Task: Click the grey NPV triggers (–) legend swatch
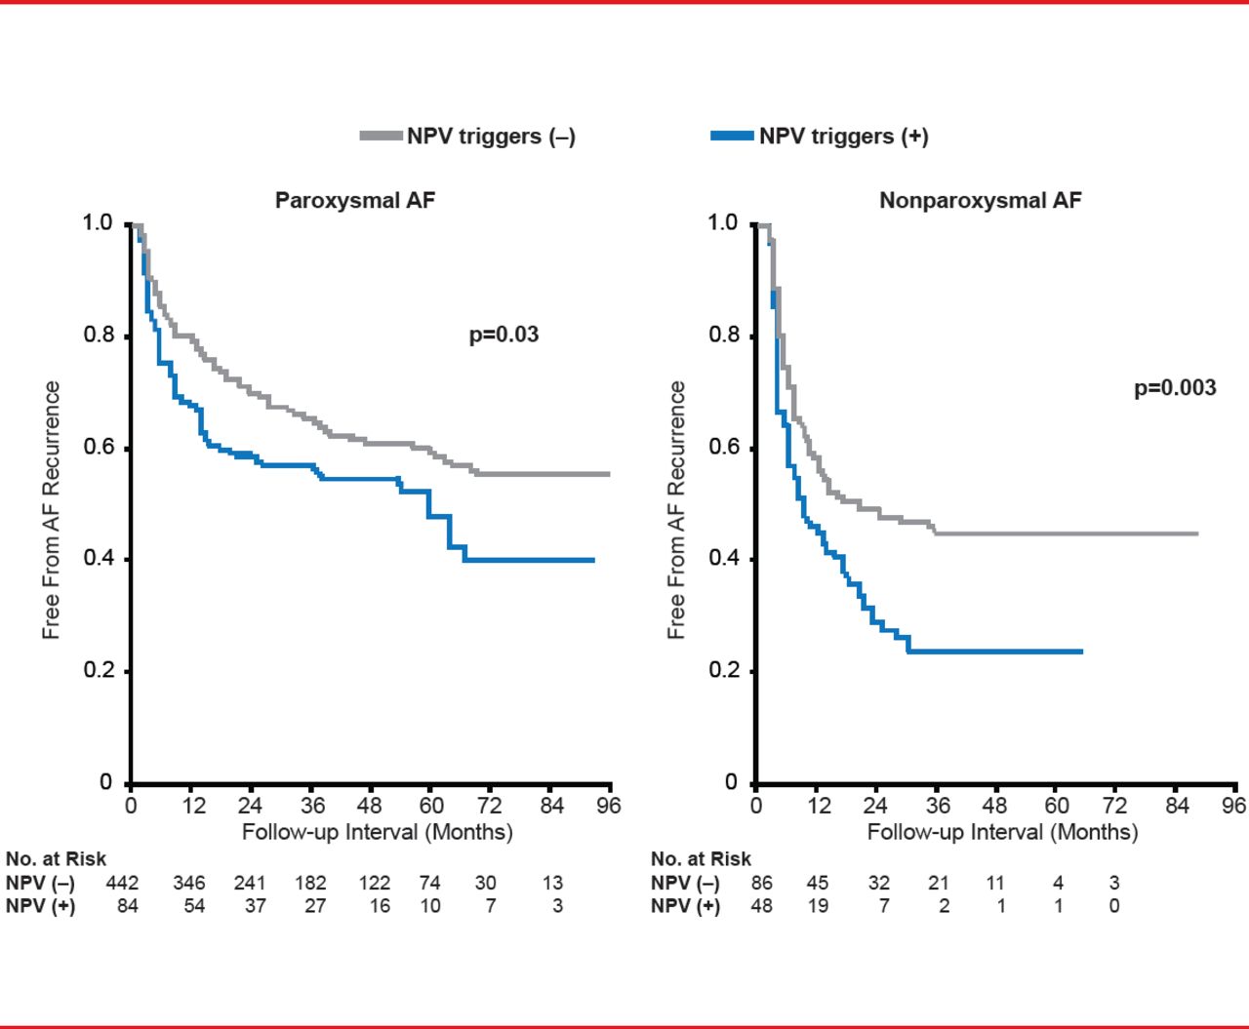(381, 137)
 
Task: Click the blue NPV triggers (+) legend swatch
(732, 137)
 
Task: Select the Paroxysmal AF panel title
(355, 201)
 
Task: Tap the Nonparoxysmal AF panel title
(980, 201)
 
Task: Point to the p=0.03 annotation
(504, 335)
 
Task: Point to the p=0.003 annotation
(1175, 388)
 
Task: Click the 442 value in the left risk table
(122, 883)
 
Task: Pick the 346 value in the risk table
(189, 883)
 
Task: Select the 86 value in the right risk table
(761, 883)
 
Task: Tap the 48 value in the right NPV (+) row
(761, 905)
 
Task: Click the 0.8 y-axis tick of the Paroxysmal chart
(98, 336)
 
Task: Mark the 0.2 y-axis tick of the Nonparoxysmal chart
(723, 671)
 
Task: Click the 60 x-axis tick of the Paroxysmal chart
(431, 806)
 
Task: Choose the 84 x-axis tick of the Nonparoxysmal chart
(1177, 806)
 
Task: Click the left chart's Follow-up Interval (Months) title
(377, 832)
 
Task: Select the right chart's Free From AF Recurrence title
(676, 509)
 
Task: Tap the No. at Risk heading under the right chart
(701, 859)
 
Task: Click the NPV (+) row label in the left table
(40, 905)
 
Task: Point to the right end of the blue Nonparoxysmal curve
(1082, 652)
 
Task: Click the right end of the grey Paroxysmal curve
(609, 474)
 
